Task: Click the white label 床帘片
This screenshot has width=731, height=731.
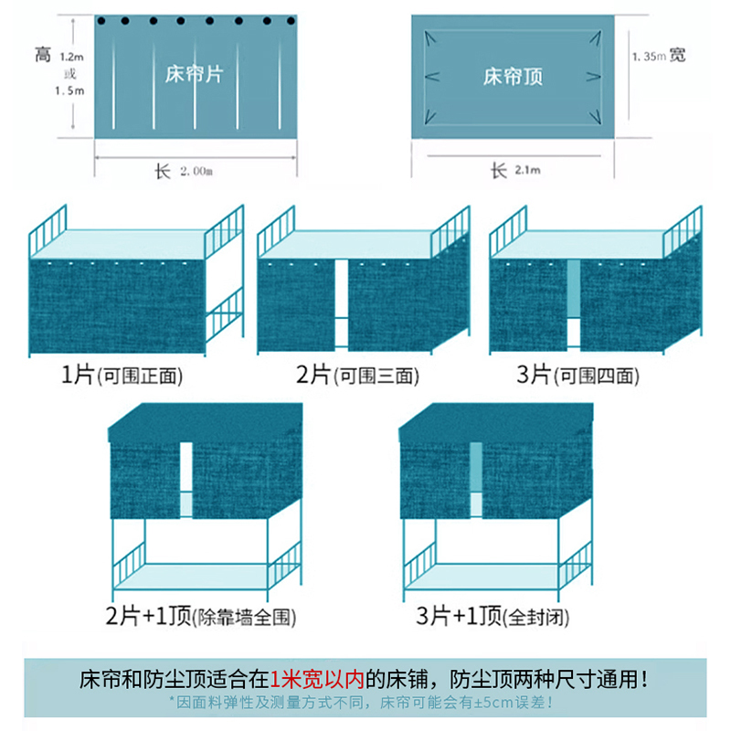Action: click(x=195, y=74)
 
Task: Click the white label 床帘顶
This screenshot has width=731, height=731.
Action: click(x=514, y=77)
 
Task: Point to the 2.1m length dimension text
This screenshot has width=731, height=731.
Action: click(x=527, y=171)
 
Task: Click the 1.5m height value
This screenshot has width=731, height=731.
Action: click(x=71, y=90)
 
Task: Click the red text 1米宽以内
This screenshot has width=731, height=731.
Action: click(x=317, y=680)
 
